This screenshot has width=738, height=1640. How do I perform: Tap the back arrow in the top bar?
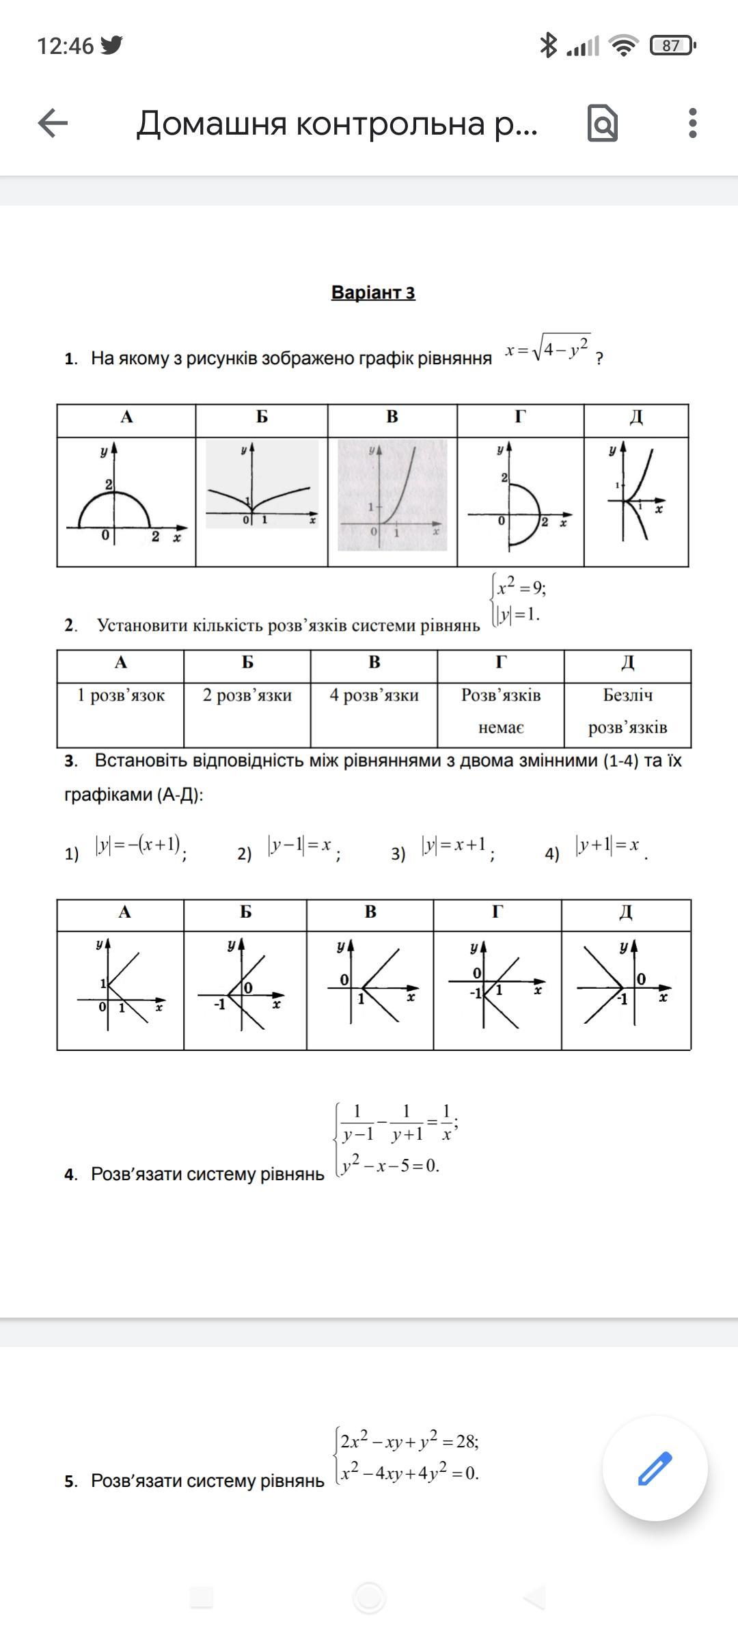tap(53, 124)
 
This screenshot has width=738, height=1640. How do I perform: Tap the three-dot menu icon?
tap(693, 124)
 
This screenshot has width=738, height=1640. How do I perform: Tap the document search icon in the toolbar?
tap(603, 124)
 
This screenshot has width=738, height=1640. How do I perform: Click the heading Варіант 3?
tap(373, 292)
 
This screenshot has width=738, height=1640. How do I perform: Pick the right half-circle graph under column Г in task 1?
tap(520, 502)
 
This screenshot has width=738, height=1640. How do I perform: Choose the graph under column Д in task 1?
tap(636, 502)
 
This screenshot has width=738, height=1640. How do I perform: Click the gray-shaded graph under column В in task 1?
tap(392, 496)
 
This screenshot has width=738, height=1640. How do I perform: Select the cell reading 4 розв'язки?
tap(374, 696)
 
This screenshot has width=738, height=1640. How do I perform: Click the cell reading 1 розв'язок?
tap(120, 696)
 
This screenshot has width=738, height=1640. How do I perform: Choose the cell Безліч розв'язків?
tap(627, 711)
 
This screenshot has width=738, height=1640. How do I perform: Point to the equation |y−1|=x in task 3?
tap(300, 846)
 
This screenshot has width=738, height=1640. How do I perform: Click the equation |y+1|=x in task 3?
tap(607, 846)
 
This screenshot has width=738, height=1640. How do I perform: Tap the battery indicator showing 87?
tap(672, 46)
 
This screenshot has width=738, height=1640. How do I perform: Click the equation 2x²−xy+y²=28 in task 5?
tap(410, 1441)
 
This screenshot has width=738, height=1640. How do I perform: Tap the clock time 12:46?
tap(65, 46)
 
